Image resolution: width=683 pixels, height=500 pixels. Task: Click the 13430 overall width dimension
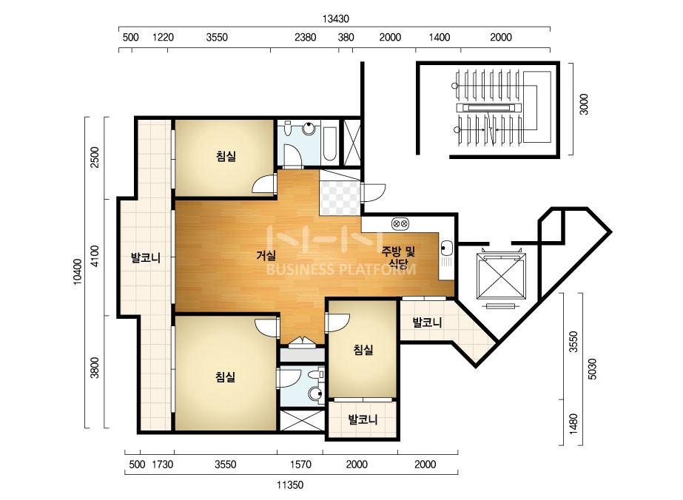pos(336,18)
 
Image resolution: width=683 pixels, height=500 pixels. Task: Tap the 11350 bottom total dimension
pos(290,484)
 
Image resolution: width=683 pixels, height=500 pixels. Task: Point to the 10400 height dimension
pos(77,271)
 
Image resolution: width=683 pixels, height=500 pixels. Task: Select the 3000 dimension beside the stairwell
pos(584,104)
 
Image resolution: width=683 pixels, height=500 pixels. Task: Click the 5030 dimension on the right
pos(593,369)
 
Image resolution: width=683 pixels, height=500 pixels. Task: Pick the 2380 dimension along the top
pos(306,37)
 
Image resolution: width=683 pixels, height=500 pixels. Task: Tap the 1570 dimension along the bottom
pos(300,464)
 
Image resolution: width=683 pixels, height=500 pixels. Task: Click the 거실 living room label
pos(266,255)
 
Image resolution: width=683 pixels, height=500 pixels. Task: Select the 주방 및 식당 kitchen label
pos(398,257)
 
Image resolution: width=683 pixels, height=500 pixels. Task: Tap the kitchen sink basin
pos(446,249)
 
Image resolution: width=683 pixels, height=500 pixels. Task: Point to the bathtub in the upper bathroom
pos(329,143)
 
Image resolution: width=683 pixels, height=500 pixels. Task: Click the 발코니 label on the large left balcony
pos(146,258)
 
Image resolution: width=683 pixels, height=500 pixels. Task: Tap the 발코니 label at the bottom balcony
pos(363,420)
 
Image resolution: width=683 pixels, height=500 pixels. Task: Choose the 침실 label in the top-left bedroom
pos(226,156)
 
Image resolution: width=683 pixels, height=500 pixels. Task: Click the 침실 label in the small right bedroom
pos(363,349)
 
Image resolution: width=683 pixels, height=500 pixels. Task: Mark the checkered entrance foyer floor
pos(340,197)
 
